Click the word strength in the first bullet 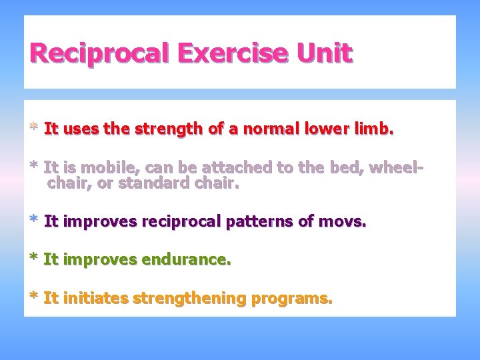(170, 129)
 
